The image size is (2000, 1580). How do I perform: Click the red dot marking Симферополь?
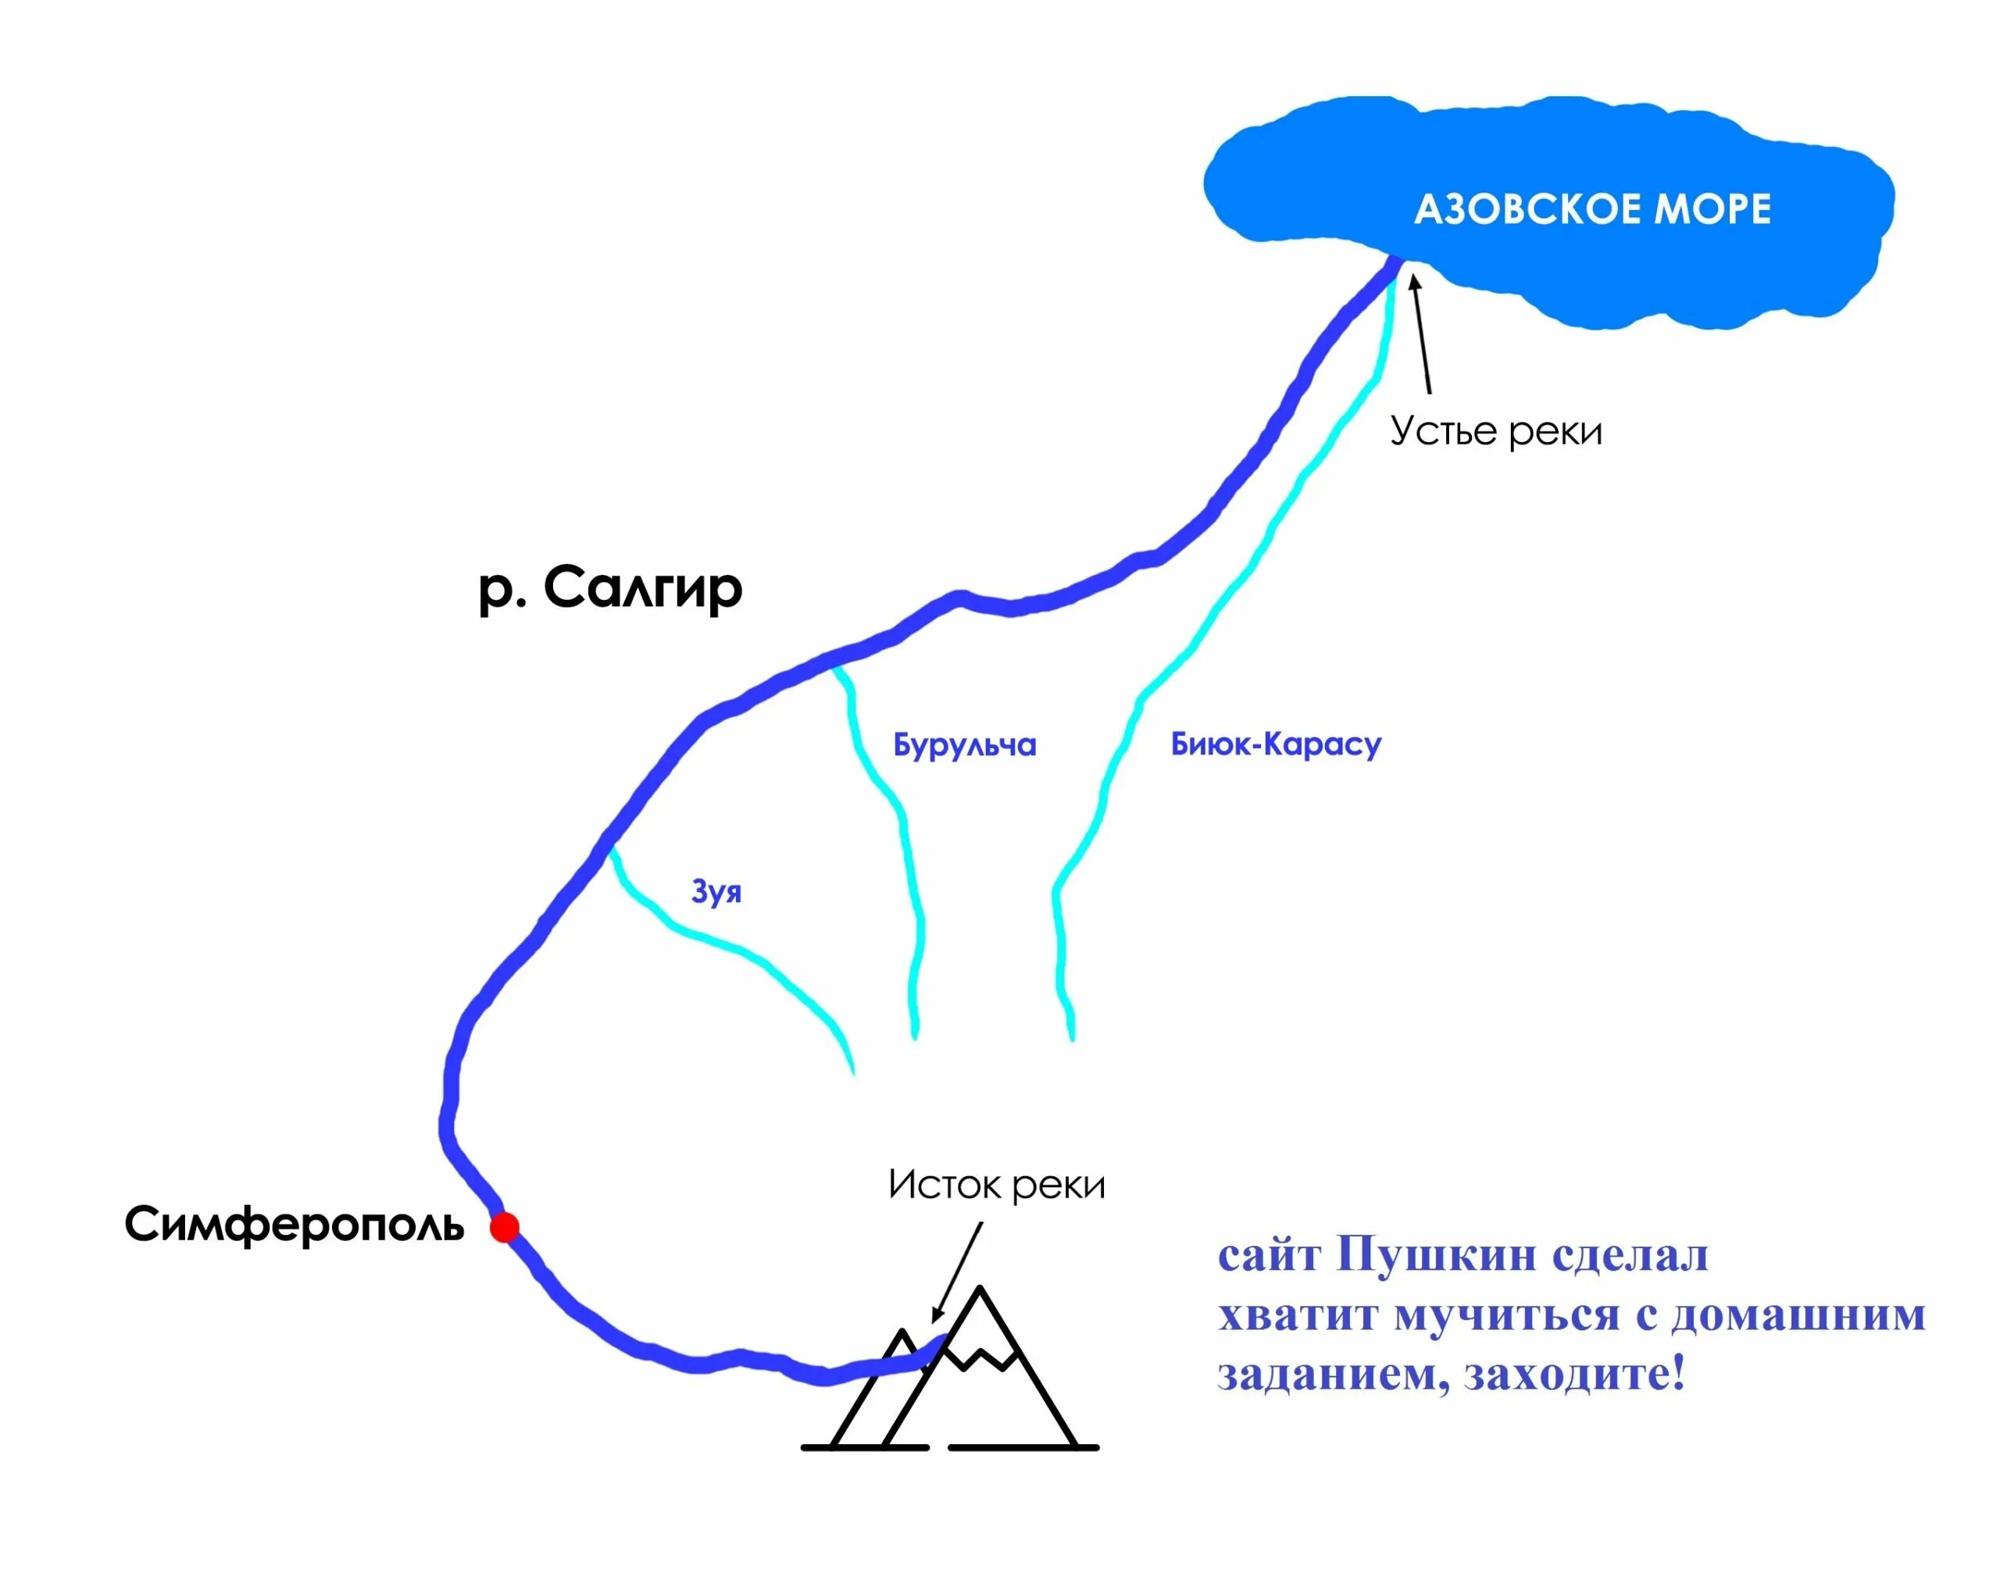tap(504, 1228)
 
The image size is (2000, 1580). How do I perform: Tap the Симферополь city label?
tap(295, 1225)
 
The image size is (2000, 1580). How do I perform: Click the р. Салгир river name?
tap(610, 588)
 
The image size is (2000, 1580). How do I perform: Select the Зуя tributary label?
tap(716, 891)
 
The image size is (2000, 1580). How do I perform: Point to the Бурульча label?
tap(964, 744)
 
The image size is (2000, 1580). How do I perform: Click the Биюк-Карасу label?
tap(1276, 744)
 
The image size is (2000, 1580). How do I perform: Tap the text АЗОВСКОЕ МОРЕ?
tap(1592, 209)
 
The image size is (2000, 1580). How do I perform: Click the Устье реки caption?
tap(1496, 431)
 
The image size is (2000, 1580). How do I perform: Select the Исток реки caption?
tap(996, 1185)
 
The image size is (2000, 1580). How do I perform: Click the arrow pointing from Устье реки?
tap(1421, 333)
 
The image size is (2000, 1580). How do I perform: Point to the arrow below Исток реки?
tap(958, 1272)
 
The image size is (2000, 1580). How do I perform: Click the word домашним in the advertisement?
tap(1798, 1314)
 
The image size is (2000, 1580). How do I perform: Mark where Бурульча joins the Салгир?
tap(834, 664)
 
